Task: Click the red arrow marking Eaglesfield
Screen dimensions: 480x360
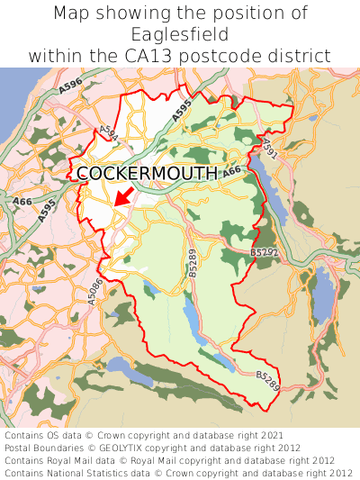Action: pos(123,196)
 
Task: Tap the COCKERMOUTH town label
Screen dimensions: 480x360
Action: pos(147,174)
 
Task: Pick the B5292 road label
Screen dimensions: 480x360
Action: pos(264,255)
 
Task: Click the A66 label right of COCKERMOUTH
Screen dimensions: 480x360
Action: pos(232,170)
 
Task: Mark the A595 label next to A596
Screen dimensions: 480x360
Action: pos(181,108)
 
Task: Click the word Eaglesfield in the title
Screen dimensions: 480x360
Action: pos(179,34)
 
